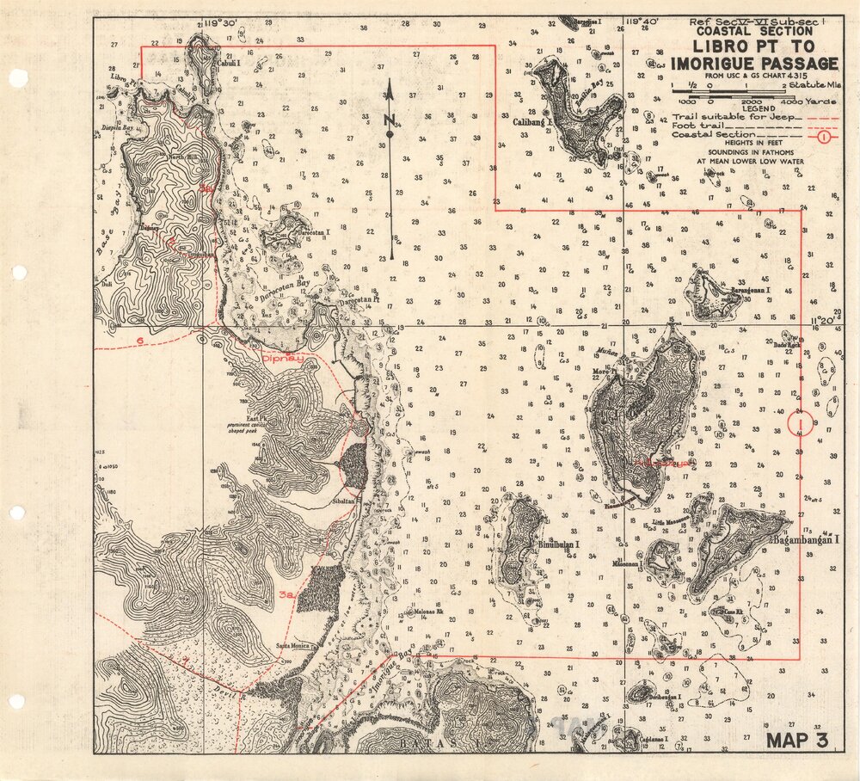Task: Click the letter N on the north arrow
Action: point(389,120)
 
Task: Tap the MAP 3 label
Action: point(797,740)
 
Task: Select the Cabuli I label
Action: point(227,63)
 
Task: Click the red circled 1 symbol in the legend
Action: point(824,135)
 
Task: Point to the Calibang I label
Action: point(531,122)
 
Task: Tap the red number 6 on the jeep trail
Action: point(140,341)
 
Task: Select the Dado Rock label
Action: point(787,344)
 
